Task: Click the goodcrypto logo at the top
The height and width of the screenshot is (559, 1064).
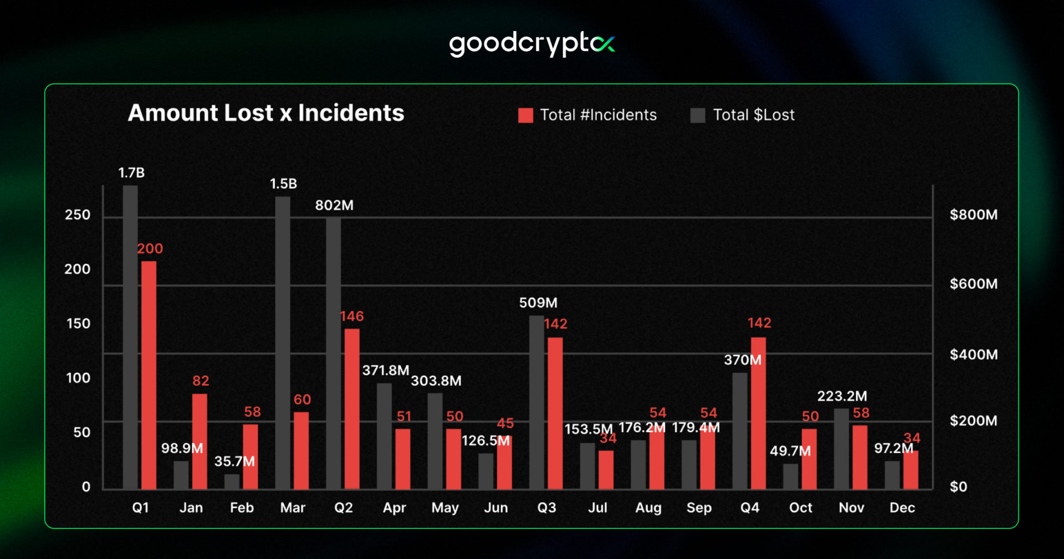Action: [x=531, y=44]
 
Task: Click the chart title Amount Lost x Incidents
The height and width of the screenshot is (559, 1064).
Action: [x=266, y=113]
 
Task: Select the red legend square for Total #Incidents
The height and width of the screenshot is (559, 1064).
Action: [x=525, y=115]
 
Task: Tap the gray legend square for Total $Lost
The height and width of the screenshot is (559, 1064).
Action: [x=698, y=115]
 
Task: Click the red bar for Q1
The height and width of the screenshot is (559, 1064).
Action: [x=149, y=375]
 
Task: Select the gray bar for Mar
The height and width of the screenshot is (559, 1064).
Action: [x=283, y=343]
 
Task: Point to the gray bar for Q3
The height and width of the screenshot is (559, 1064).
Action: [x=536, y=402]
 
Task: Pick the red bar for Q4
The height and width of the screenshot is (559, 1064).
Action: [x=758, y=413]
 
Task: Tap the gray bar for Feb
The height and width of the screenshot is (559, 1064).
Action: [x=232, y=481]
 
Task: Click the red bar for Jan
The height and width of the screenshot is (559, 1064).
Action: [x=199, y=441]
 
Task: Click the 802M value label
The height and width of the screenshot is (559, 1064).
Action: [x=334, y=205]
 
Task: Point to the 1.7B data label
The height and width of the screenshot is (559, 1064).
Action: [x=131, y=173]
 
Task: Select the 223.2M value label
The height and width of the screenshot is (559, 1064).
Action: [x=842, y=396]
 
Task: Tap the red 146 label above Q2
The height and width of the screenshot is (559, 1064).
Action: [x=352, y=316]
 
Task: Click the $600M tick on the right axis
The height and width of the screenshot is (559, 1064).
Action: [x=973, y=284]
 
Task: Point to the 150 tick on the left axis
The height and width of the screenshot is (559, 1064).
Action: [x=78, y=323]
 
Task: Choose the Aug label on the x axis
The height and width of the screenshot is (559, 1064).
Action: [x=648, y=507]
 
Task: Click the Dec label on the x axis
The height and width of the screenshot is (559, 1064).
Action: [x=902, y=507]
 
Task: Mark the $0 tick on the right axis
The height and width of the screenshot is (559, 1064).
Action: [x=958, y=487]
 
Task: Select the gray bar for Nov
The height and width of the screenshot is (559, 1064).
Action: [x=841, y=449]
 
